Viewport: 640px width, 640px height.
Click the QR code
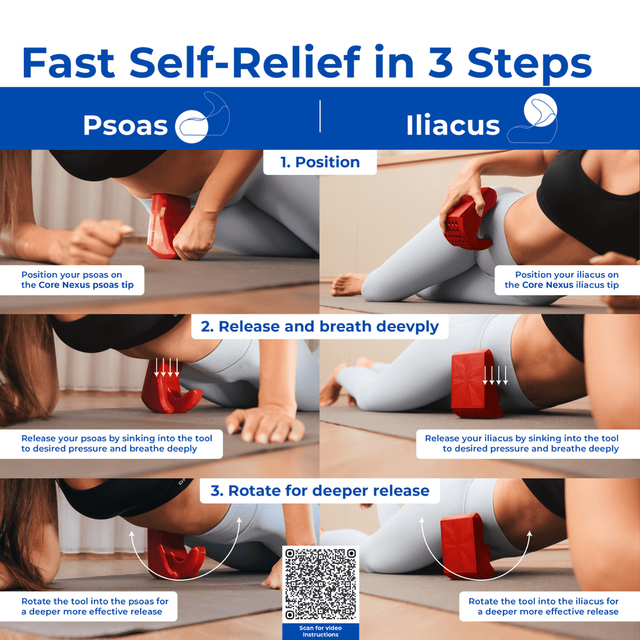tap(321, 584)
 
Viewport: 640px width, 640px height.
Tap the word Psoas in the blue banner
tap(125, 125)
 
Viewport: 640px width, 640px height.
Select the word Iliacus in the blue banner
tap(452, 125)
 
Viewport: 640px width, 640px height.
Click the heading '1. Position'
tap(320, 162)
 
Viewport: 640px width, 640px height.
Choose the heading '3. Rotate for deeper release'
tap(320, 491)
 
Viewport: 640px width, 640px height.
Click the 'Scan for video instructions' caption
tap(321, 631)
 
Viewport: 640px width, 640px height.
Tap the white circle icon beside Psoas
tap(191, 126)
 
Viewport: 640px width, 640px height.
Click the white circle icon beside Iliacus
tap(541, 110)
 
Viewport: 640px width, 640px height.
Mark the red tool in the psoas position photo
tap(167, 224)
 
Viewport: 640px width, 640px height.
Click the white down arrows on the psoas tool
tap(166, 367)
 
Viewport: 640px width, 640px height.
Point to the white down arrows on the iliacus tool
tap(495, 376)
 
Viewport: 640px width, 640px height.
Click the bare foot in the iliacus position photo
tap(347, 284)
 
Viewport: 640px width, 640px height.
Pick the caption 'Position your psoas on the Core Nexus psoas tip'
tap(77, 280)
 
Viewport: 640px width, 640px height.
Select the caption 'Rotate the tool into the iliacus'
tap(543, 601)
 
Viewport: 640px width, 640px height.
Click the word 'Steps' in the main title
tap(529, 63)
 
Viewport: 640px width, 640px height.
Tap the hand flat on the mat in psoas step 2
tap(265, 424)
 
